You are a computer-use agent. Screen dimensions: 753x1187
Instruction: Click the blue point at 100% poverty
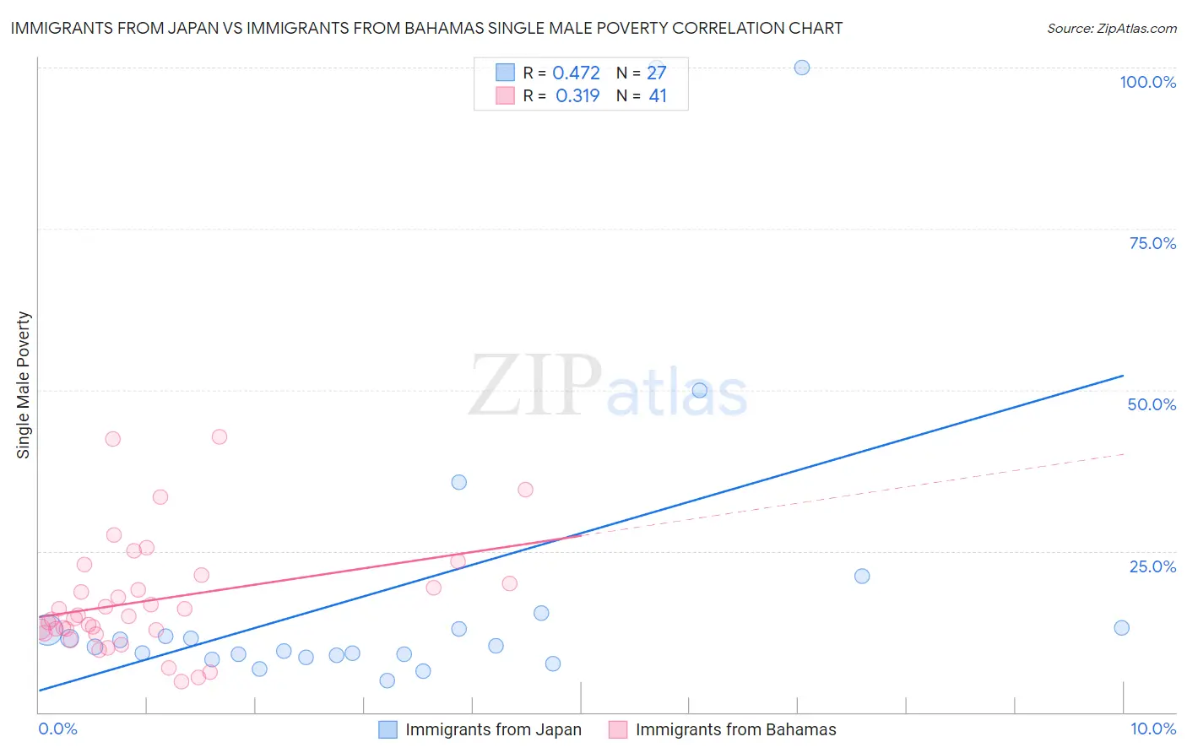pyautogui.click(x=802, y=68)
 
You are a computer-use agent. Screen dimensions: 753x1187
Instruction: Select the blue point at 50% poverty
pyautogui.click(x=699, y=390)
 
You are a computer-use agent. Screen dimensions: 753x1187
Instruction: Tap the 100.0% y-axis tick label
pyautogui.click(x=1147, y=82)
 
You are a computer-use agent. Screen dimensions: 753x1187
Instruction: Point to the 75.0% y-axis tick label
pyautogui.click(x=1152, y=243)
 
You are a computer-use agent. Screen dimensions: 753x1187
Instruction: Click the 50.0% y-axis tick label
pyautogui.click(x=1152, y=404)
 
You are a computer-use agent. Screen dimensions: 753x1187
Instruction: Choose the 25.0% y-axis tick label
pyautogui.click(x=1152, y=566)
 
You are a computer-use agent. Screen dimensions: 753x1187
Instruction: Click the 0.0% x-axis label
pyautogui.click(x=57, y=729)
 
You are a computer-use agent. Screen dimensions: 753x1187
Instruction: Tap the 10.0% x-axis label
pyautogui.click(x=1153, y=729)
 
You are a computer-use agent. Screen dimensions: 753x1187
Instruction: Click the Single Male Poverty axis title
pyautogui.click(x=24, y=385)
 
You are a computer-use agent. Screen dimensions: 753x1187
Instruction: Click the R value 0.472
pyautogui.click(x=576, y=73)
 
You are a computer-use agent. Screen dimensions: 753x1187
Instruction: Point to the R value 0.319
pyautogui.click(x=577, y=96)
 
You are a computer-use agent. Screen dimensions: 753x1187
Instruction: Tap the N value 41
pyautogui.click(x=658, y=96)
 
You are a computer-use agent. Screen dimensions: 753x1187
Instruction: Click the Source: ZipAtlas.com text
pyautogui.click(x=1111, y=29)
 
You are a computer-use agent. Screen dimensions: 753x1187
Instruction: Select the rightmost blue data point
pyautogui.click(x=1121, y=627)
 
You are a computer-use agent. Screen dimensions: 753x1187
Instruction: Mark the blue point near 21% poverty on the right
pyautogui.click(x=862, y=576)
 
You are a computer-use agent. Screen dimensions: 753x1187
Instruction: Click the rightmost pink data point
pyautogui.click(x=525, y=490)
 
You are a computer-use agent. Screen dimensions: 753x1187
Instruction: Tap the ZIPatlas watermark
pyautogui.click(x=608, y=387)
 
